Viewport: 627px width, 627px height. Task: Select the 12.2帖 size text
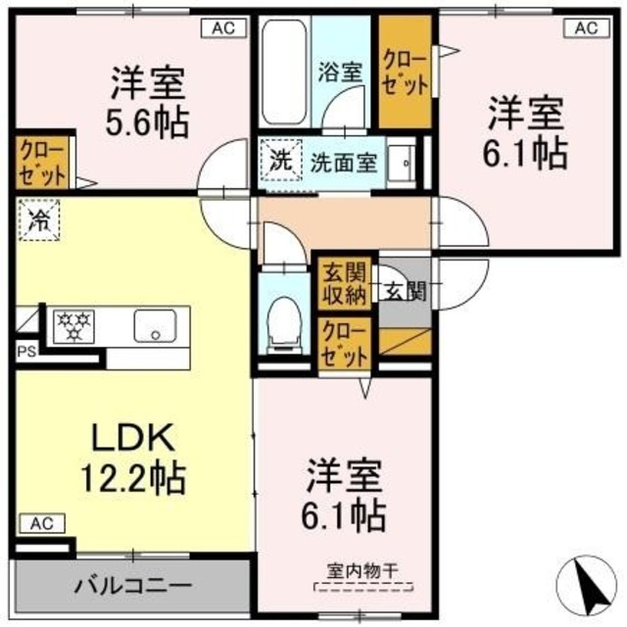click(x=134, y=477)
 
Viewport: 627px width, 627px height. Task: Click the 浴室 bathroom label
click(x=342, y=71)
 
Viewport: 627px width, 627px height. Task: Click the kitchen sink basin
click(x=154, y=325)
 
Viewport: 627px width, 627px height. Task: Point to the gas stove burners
click(x=72, y=326)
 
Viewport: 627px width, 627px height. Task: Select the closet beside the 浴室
click(x=405, y=74)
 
